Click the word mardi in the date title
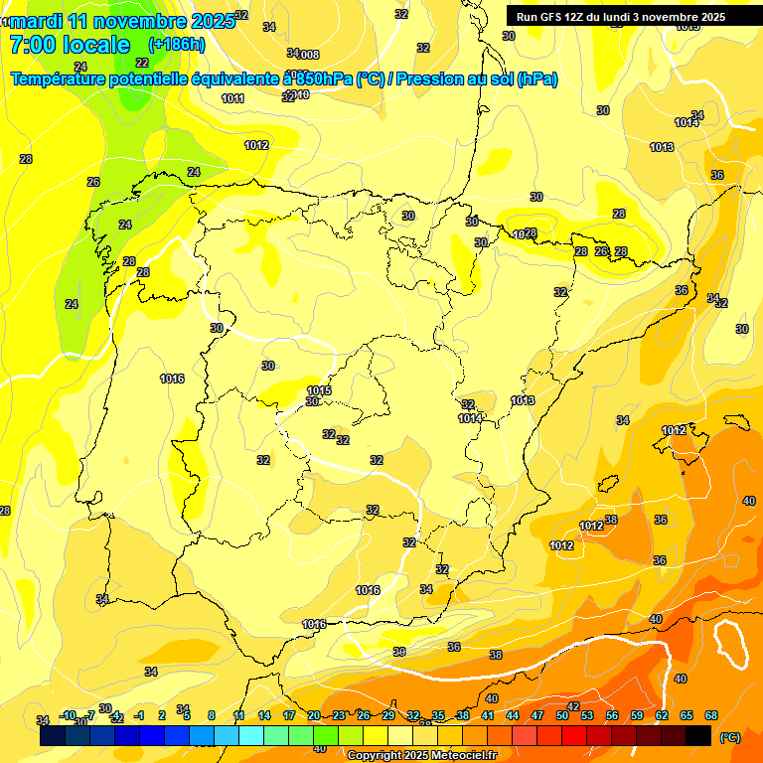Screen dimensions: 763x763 [x=37, y=20]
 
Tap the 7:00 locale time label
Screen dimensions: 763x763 [x=70, y=45]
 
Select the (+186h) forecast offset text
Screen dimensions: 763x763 [x=176, y=45]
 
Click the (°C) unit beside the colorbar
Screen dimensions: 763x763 [x=729, y=737]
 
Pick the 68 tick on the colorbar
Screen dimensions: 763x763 [x=711, y=715]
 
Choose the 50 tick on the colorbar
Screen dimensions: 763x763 [x=562, y=715]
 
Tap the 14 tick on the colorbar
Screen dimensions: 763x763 [x=264, y=715]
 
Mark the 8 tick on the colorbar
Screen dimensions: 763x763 [x=212, y=715]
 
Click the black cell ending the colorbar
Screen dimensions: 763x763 [x=698, y=736]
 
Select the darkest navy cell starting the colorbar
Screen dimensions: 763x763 [x=53, y=736]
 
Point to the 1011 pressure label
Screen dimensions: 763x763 [x=232, y=98]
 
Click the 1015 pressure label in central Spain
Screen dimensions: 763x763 [x=319, y=390]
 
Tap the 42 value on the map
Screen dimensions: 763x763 [x=573, y=706]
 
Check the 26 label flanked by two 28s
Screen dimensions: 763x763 [x=601, y=251]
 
